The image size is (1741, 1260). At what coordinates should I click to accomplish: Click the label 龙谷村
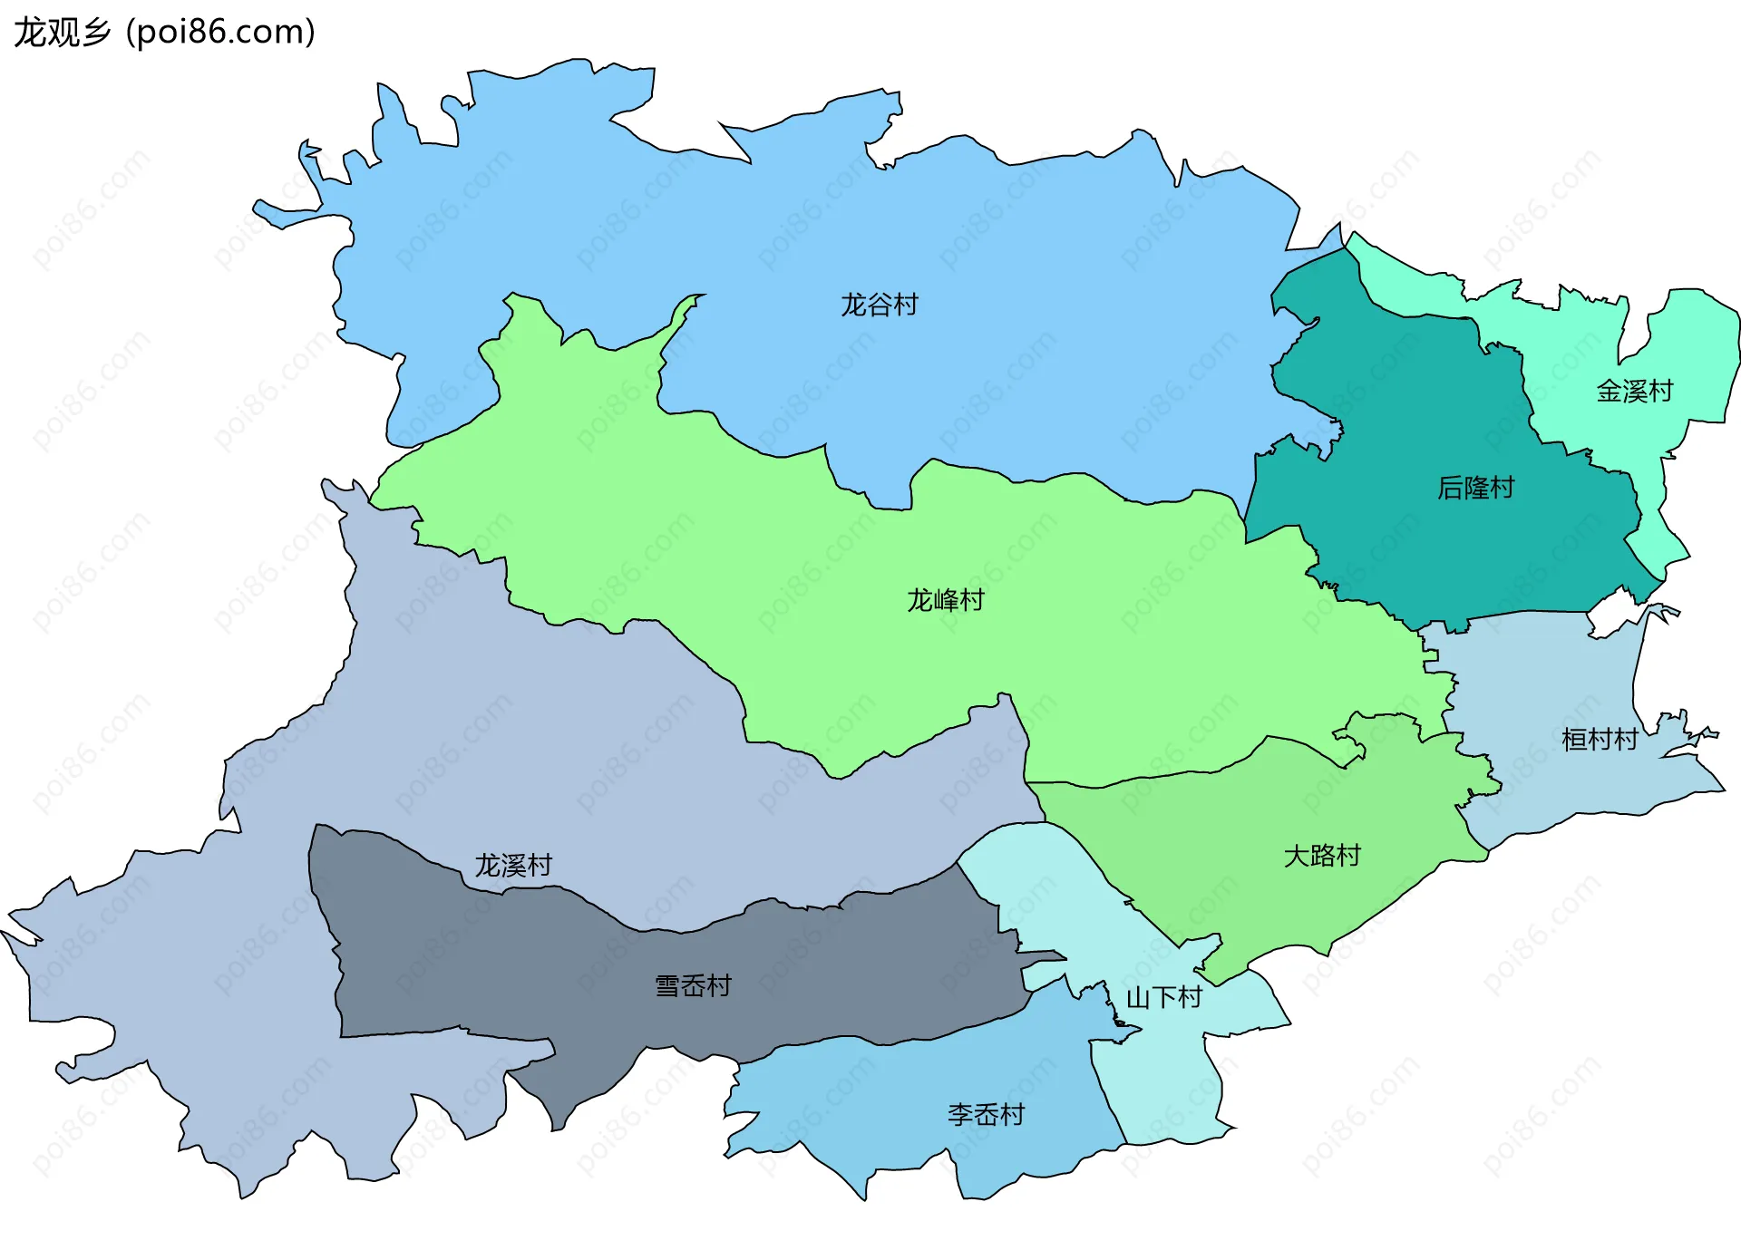click(879, 305)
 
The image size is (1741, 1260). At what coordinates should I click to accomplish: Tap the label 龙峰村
click(945, 600)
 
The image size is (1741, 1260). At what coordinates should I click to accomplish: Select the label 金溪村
click(1634, 392)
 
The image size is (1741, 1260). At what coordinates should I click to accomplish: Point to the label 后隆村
click(1475, 488)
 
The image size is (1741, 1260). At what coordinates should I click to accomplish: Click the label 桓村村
click(1600, 740)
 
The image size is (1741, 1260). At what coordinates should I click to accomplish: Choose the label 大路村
click(1322, 856)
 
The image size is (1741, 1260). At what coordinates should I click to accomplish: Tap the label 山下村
click(1163, 998)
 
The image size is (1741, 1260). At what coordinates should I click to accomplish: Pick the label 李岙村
click(986, 1115)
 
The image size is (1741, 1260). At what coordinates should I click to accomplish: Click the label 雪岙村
click(693, 986)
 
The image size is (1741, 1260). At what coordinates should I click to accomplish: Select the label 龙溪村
click(513, 866)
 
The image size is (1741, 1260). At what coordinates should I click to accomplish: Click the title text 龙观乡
click(62, 33)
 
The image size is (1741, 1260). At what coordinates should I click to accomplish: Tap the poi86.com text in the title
click(220, 33)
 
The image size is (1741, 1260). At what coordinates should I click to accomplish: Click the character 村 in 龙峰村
click(972, 600)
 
